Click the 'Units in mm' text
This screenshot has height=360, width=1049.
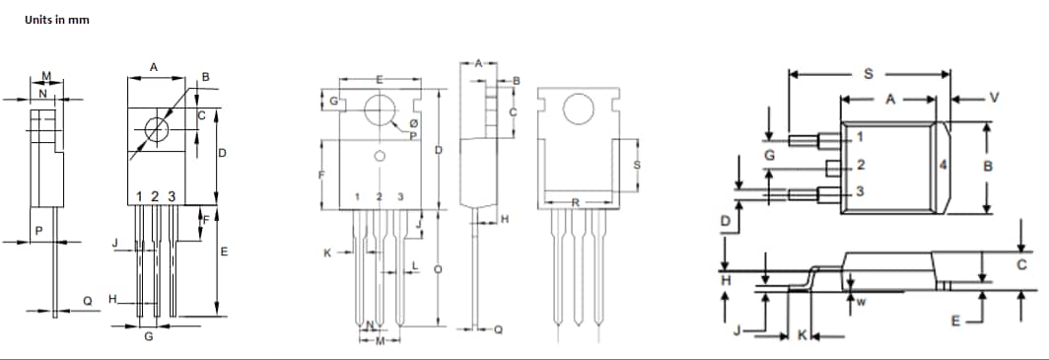click(x=57, y=21)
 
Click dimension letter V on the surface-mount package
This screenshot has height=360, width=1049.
click(x=994, y=98)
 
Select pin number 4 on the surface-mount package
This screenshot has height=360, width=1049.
click(x=944, y=165)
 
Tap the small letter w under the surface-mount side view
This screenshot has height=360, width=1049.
click(x=861, y=303)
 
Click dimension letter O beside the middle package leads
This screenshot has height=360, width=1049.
click(x=439, y=268)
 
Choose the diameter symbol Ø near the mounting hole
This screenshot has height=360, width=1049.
click(x=412, y=124)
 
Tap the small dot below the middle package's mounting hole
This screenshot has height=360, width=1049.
click(x=379, y=157)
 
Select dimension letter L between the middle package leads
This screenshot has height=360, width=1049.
click(x=414, y=267)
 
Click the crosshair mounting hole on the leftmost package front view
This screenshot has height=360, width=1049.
click(x=156, y=129)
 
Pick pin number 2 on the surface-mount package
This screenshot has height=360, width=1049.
click(x=860, y=164)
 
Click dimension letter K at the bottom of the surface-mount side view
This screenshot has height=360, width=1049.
click(x=801, y=336)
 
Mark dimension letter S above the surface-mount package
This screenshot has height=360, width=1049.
click(x=868, y=73)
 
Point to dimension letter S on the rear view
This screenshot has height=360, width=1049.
click(x=636, y=165)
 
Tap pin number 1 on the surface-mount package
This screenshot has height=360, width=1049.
click(x=860, y=136)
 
